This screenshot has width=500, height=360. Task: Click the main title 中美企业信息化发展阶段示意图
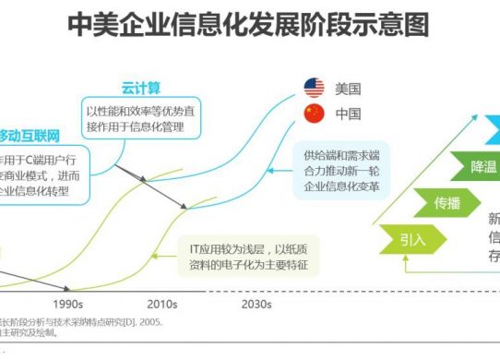248,25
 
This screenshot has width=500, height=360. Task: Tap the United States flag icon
315,89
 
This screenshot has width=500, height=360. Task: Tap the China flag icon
315,115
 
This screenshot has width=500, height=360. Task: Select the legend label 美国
348,90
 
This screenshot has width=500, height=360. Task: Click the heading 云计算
142,89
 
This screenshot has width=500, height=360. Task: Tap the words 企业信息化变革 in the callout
346,186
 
